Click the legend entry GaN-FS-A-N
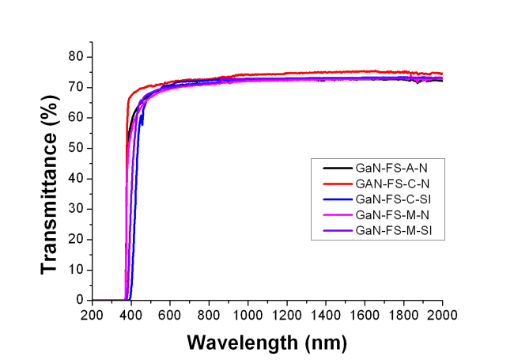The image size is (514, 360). [390, 168]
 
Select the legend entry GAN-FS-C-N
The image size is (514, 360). [391, 184]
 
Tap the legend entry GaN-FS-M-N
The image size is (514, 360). [391, 214]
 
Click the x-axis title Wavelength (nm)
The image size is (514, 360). [266, 343]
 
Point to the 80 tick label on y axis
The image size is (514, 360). [76, 57]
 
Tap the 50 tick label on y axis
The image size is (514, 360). [76, 148]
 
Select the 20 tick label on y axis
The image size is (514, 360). [76, 240]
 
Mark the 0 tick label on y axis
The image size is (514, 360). [80, 301]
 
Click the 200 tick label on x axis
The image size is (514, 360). [93, 316]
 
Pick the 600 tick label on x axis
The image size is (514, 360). [170, 316]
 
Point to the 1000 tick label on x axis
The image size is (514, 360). [248, 316]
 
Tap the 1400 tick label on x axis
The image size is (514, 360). [326, 316]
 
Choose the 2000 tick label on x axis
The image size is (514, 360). [442, 316]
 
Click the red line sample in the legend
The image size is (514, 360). [338, 184]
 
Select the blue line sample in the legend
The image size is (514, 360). [338, 199]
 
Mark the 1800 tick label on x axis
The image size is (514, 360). [403, 316]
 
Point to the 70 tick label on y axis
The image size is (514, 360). [76, 87]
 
